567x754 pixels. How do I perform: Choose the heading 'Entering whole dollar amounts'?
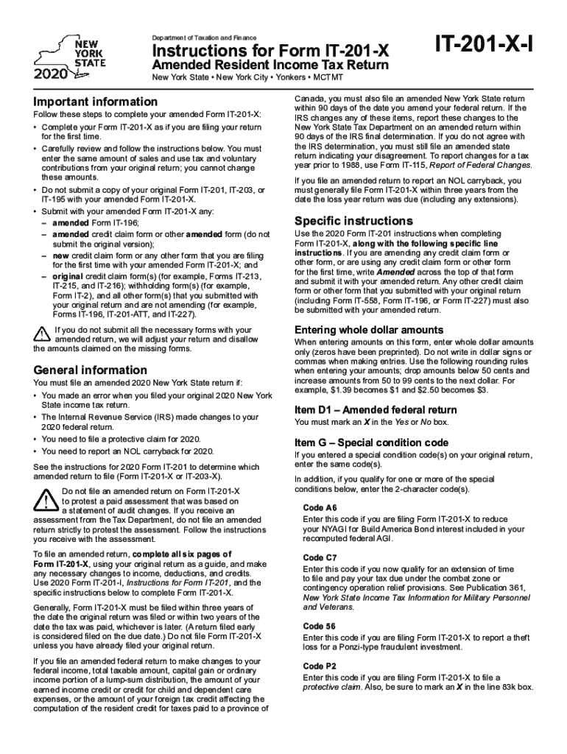click(x=369, y=329)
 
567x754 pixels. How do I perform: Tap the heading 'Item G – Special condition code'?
click(x=371, y=443)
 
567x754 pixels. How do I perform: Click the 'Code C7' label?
click(x=320, y=557)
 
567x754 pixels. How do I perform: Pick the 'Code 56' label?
click(x=320, y=626)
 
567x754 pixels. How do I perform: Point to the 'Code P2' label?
click(x=320, y=666)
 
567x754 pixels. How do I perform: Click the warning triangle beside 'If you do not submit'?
click(x=42, y=334)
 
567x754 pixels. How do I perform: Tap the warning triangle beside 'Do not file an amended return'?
click(x=46, y=501)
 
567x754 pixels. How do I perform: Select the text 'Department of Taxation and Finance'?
click(x=204, y=37)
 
